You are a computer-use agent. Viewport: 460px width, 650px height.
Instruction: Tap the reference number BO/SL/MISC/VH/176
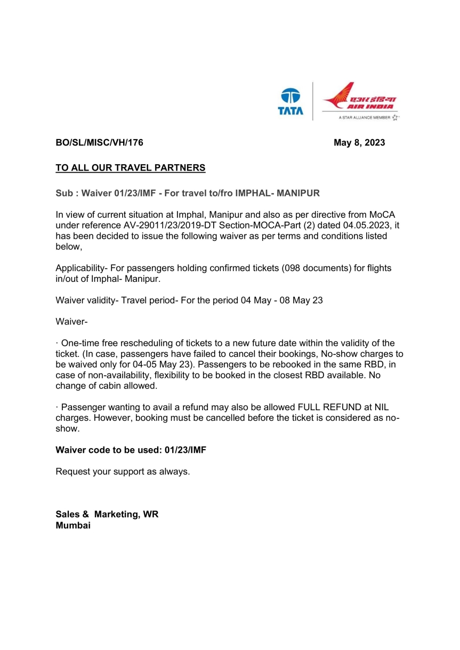tap(100, 143)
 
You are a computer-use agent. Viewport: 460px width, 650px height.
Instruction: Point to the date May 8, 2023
tap(359, 143)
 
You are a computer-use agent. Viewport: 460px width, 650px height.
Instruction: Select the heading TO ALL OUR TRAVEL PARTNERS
tap(131, 168)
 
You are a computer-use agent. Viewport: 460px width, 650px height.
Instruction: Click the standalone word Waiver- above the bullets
tap(71, 321)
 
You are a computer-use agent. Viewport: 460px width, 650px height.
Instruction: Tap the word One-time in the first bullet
tap(80, 343)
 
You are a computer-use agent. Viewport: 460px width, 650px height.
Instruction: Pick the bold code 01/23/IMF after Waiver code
tap(185, 450)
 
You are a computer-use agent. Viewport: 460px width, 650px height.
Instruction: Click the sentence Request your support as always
tap(123, 472)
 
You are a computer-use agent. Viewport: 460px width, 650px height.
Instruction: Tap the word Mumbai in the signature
tap(73, 525)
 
